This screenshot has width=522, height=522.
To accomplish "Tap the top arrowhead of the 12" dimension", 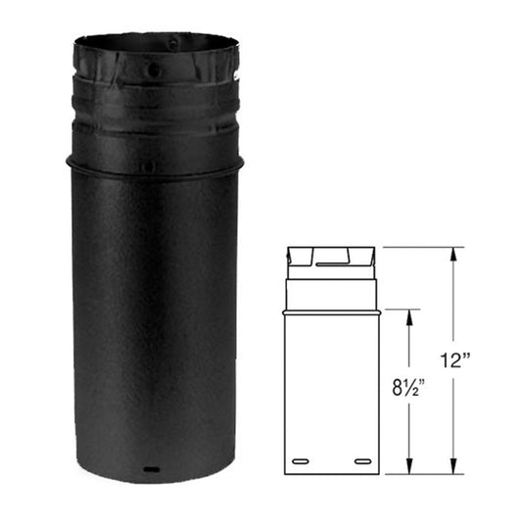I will tap(453, 252).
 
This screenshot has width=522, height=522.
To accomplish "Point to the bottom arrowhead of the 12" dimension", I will tap(453, 469).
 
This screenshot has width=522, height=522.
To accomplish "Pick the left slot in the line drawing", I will tap(300, 459).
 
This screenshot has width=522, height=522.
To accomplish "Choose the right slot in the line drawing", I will tap(362, 459).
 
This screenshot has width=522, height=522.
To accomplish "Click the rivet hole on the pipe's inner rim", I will tap(174, 44).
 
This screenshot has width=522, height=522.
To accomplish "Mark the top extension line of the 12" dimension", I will tap(421, 247).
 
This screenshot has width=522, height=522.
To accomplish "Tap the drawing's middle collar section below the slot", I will tap(331, 290).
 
